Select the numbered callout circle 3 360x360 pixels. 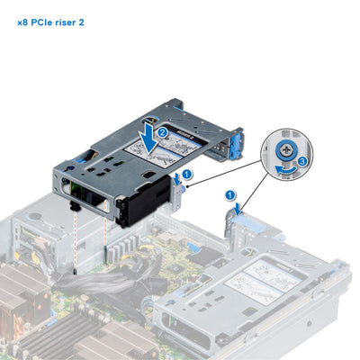[x=302, y=160]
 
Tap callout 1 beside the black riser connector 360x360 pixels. [x=186, y=173]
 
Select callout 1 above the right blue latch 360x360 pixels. [x=231, y=193]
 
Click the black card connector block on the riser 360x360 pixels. [x=149, y=194]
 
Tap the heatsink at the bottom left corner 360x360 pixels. [x=22, y=306]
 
